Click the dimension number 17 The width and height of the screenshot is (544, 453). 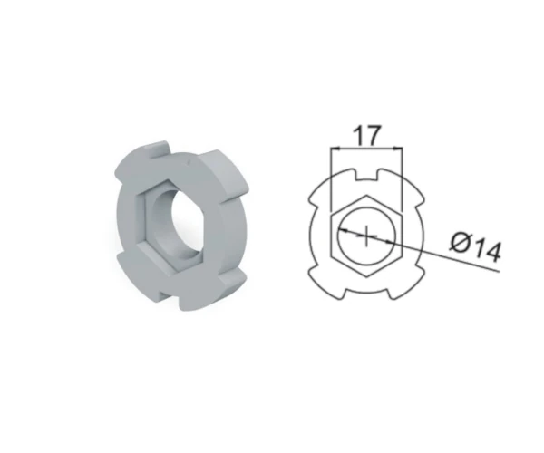[x=366, y=135]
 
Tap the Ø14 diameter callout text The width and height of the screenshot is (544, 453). [x=476, y=246]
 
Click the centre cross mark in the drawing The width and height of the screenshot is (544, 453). [x=366, y=236]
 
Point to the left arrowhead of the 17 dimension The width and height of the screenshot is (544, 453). [x=335, y=149]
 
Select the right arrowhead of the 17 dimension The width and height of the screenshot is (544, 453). [x=398, y=149]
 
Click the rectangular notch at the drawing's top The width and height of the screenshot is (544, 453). [x=366, y=175]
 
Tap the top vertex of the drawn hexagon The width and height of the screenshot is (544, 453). [x=366, y=195]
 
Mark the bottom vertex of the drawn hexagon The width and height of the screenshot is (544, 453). [x=366, y=277]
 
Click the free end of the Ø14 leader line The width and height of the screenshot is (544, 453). [x=500, y=271]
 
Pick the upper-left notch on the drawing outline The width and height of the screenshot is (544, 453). [x=315, y=203]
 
